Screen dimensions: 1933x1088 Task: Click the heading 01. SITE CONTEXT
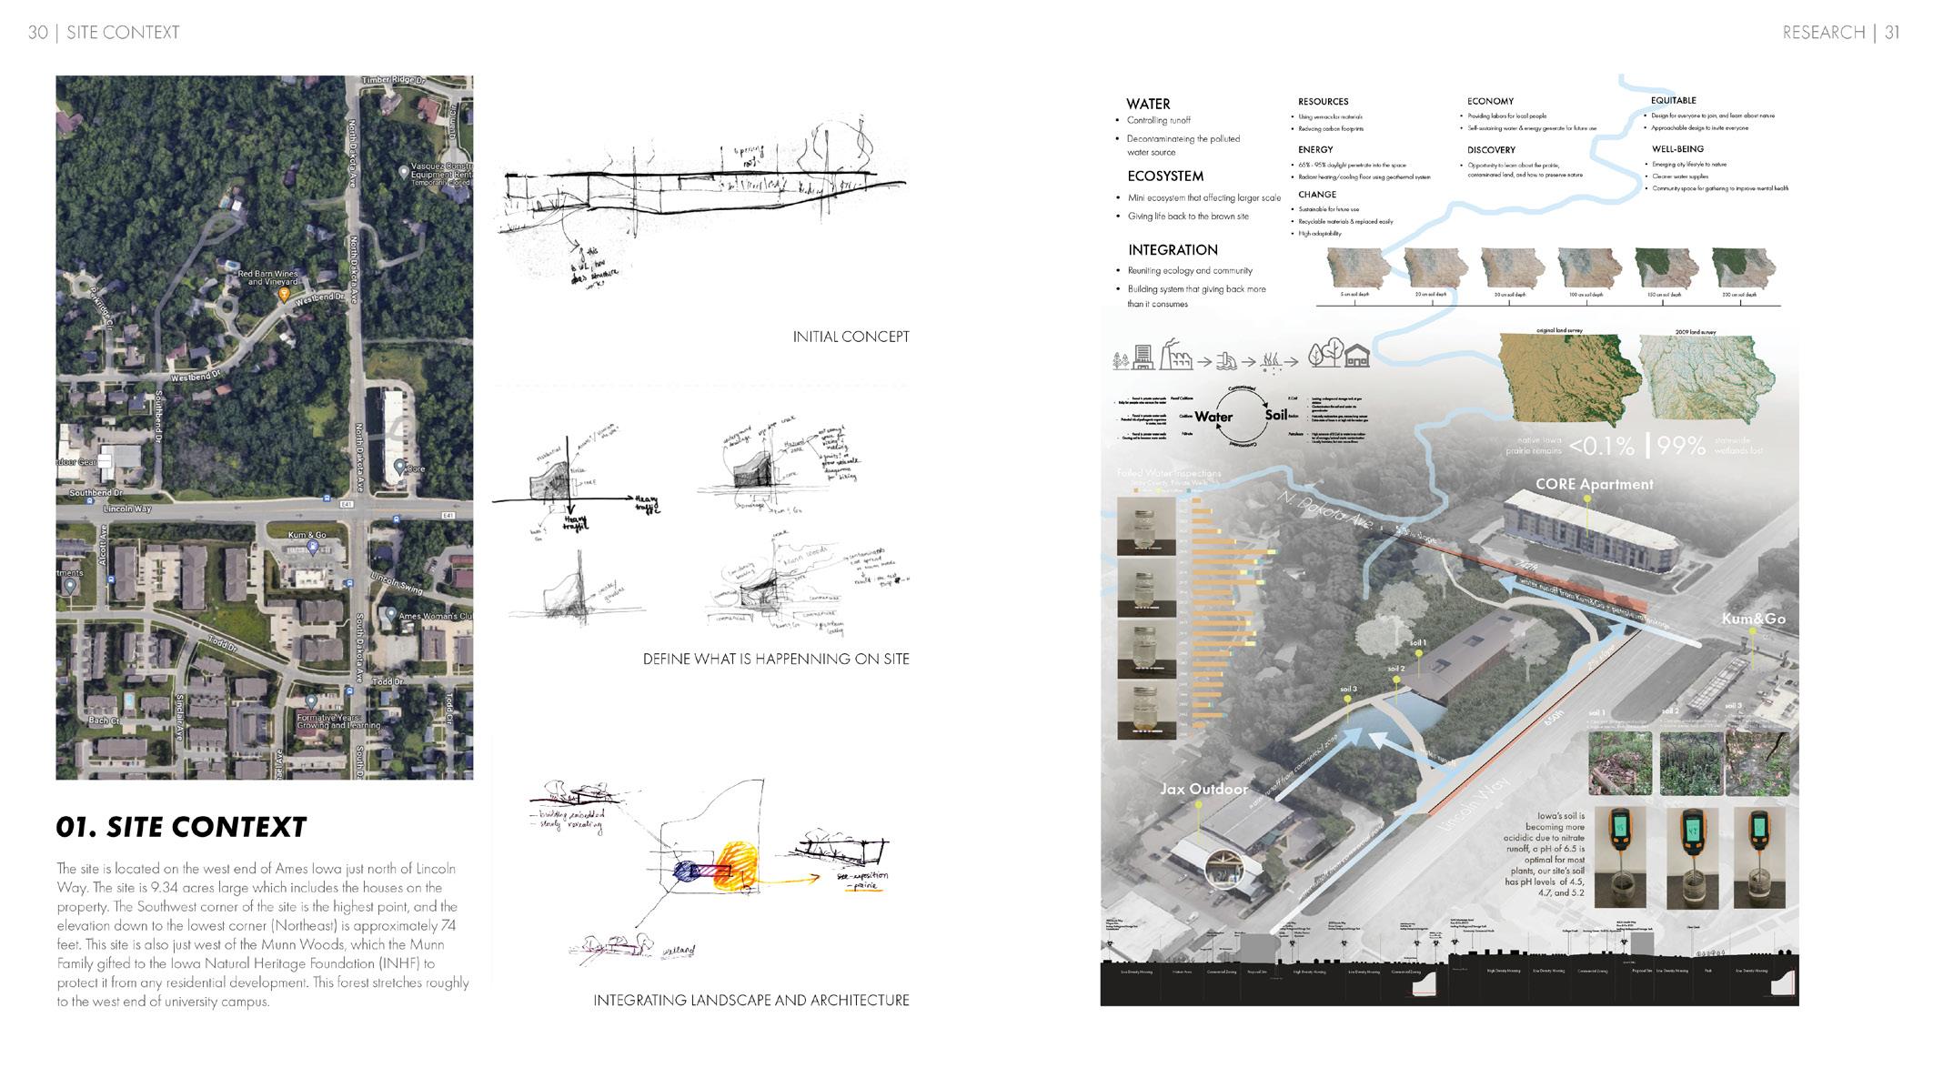tap(181, 827)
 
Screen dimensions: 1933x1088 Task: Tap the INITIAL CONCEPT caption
tap(851, 337)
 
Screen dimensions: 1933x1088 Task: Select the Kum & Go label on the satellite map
tap(307, 535)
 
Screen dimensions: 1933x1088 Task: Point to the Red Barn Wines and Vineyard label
tap(267, 277)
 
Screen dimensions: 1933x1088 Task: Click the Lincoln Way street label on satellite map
tap(127, 509)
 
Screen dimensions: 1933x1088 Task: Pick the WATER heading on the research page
tap(1148, 104)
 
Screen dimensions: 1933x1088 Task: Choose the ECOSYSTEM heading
tap(1165, 176)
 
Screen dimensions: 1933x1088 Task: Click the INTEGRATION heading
tap(1173, 250)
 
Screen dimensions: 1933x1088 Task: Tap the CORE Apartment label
tap(1594, 484)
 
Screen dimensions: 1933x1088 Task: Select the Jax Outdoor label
tap(1203, 789)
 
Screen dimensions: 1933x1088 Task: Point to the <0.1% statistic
tap(1602, 446)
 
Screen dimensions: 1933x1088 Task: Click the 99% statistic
tap(1680, 446)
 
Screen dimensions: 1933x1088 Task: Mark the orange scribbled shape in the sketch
tap(734, 867)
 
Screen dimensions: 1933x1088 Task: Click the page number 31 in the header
tap(1892, 33)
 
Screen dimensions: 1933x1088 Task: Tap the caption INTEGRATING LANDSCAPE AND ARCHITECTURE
tap(750, 1001)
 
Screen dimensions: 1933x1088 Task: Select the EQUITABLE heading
tap(1673, 100)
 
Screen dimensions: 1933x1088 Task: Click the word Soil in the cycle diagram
tap(1275, 415)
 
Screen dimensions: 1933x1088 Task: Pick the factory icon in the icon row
tap(1176, 358)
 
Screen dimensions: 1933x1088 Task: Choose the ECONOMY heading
tap(1490, 101)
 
